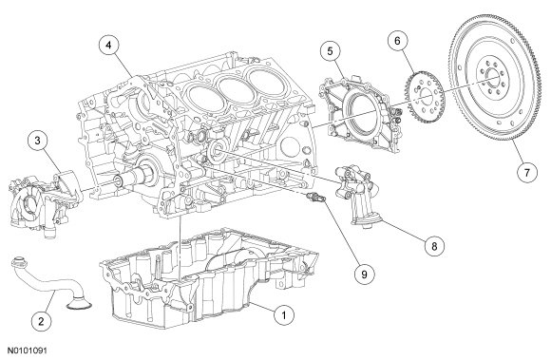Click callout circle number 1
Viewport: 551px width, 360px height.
[284, 314]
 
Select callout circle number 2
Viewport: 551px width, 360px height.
[41, 321]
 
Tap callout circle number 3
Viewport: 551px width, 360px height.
[38, 141]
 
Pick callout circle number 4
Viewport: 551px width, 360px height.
[108, 46]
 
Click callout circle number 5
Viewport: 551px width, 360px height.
[331, 51]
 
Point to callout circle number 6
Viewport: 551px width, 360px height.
[397, 41]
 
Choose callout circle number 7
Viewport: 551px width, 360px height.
[526, 173]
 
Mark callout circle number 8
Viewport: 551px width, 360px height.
[434, 245]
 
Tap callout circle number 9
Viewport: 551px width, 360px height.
[365, 274]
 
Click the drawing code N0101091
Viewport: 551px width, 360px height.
[28, 351]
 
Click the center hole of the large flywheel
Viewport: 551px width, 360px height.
[493, 78]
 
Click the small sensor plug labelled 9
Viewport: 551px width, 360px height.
[316, 198]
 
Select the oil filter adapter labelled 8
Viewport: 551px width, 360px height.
[356, 198]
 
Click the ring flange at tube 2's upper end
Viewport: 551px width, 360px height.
[18, 261]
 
